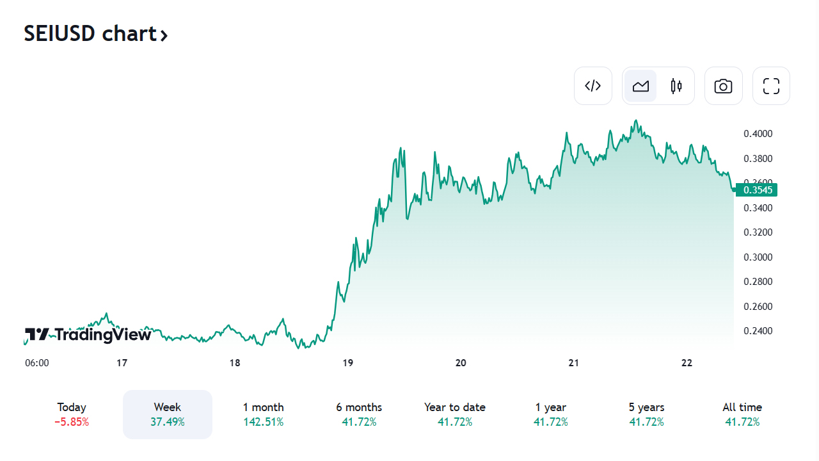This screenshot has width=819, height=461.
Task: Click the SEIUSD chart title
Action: click(96, 34)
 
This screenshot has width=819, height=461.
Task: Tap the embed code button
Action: click(593, 86)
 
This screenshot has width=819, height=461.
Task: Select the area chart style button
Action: click(640, 86)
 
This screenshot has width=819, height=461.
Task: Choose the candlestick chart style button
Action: click(676, 86)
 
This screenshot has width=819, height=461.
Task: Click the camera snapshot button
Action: click(724, 86)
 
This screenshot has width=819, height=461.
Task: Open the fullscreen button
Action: click(771, 86)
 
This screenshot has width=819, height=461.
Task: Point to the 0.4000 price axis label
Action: click(758, 134)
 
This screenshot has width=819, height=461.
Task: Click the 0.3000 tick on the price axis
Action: click(758, 257)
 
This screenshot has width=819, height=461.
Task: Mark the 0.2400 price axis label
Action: click(758, 331)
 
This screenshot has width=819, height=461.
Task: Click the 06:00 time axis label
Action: click(37, 363)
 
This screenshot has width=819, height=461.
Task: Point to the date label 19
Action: click(347, 363)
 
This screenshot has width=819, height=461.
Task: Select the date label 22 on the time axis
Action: click(687, 363)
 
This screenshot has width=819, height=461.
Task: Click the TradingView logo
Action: click(88, 334)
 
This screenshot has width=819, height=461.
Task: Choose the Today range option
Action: click(72, 408)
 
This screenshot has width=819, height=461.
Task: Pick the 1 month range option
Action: click(263, 408)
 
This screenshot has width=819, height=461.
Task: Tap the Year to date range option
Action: click(455, 408)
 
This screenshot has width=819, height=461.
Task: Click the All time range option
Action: click(742, 408)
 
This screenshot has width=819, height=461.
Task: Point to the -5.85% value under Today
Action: click(72, 423)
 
